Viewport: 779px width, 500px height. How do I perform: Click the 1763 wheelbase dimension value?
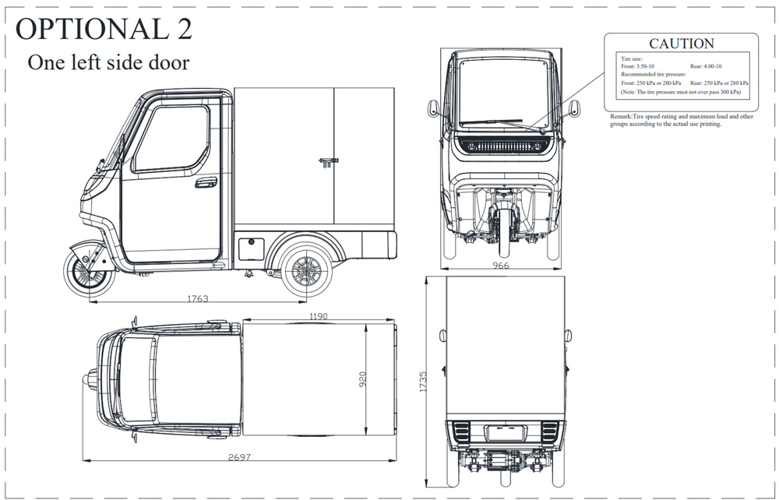pos(197,298)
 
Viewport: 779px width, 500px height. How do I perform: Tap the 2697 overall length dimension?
pos(239,457)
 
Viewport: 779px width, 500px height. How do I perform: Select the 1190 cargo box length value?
pos(319,316)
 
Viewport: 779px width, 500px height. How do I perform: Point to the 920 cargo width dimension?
pos(363,379)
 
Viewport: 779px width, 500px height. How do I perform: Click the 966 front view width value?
pos(501,266)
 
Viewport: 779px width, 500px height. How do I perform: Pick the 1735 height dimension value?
pos(423,382)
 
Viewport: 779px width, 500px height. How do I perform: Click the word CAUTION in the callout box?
pos(682,44)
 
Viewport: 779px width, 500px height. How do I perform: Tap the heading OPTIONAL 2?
pos(104,29)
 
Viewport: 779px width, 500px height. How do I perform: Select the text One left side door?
pos(108,62)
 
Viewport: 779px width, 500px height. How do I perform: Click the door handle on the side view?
pos(206,182)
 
